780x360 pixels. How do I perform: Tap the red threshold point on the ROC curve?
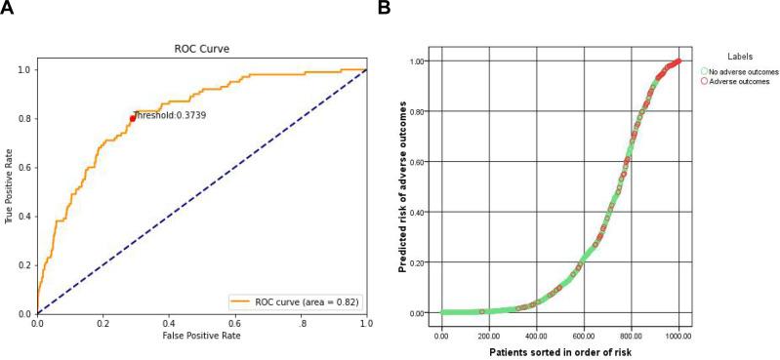point(132,118)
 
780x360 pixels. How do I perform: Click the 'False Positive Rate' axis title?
point(201,335)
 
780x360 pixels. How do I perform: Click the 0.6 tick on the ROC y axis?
point(26,167)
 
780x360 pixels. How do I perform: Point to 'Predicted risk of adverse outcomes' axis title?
point(404,186)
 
